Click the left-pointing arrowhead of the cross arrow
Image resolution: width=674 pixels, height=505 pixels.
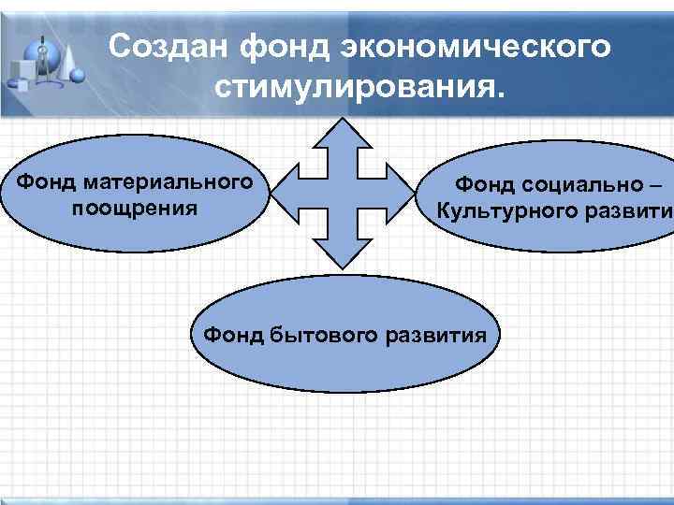point(286,194)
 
